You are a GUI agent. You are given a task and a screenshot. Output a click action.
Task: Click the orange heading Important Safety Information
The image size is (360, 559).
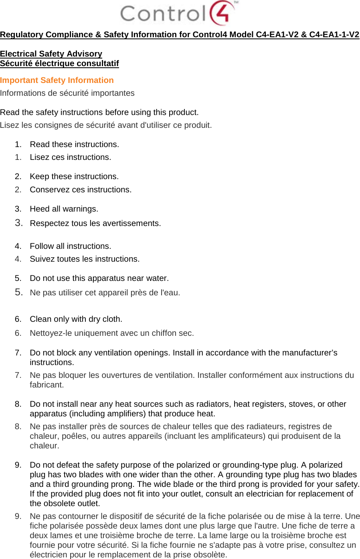(x=57, y=80)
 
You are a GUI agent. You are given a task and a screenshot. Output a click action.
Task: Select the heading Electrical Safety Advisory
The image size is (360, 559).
(x=51, y=54)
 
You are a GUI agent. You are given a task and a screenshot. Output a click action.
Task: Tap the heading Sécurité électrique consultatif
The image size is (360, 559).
(x=59, y=63)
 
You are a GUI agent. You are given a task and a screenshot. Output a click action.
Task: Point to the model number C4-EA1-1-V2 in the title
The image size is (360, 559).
(x=334, y=34)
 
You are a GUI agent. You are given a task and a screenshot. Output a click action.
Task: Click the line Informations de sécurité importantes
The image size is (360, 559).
(x=67, y=93)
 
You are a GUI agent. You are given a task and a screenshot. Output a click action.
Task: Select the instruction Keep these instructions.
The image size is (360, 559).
(x=74, y=176)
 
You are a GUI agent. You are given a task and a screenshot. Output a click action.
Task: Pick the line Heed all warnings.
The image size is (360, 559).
(x=64, y=209)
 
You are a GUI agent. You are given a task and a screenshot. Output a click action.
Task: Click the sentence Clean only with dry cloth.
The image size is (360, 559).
(x=76, y=319)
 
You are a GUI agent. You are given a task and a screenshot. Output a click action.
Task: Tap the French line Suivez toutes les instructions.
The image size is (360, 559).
(x=85, y=259)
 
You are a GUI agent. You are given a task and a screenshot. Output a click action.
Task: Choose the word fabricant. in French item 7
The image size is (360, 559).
(x=47, y=385)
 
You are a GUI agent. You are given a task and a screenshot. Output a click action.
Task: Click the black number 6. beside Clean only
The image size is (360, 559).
(x=18, y=319)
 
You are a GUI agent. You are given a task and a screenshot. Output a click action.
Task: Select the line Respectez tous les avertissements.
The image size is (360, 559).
(x=95, y=223)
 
